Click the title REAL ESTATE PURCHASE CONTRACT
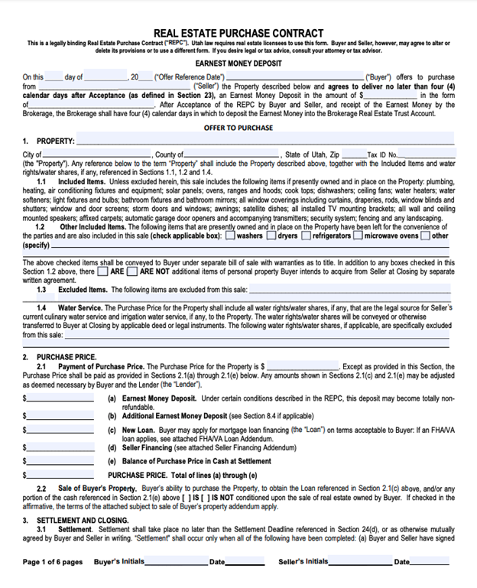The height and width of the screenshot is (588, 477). point(238,33)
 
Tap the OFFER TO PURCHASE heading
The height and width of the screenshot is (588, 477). point(238,128)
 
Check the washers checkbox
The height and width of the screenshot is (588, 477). point(230,236)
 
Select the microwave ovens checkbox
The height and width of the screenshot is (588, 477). point(358,236)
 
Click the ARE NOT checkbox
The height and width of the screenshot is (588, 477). point(132,271)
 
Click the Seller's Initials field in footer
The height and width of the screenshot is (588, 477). point(359,562)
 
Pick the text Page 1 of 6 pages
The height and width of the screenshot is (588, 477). point(52,562)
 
